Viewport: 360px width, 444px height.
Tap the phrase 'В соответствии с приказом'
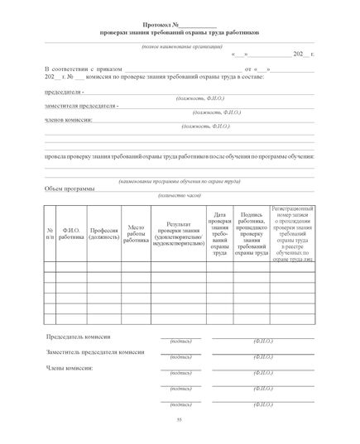(79, 70)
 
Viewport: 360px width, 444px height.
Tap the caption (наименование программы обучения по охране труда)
(180, 179)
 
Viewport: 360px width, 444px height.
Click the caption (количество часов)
(180, 197)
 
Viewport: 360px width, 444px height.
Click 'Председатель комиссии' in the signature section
(79, 337)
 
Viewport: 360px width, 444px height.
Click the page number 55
(179, 422)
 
